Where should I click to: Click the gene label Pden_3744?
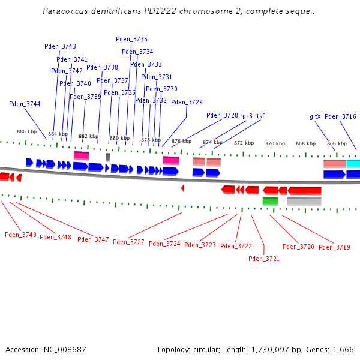(25, 104)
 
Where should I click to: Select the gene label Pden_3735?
(131, 39)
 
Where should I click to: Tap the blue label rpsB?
(247, 116)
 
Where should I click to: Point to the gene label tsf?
(260, 116)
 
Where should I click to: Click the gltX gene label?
(315, 116)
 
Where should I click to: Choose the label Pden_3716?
(340, 116)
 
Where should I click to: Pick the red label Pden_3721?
(264, 259)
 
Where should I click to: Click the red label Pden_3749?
(20, 235)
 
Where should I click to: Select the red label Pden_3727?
(128, 242)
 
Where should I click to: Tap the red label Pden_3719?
(334, 247)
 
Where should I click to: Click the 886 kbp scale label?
(26, 131)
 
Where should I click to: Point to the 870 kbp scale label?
(275, 143)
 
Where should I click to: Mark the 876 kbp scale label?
(181, 141)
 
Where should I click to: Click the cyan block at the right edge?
(353, 163)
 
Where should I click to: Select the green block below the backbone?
(270, 201)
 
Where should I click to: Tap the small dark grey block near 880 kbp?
(108, 157)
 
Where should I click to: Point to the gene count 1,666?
(344, 349)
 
